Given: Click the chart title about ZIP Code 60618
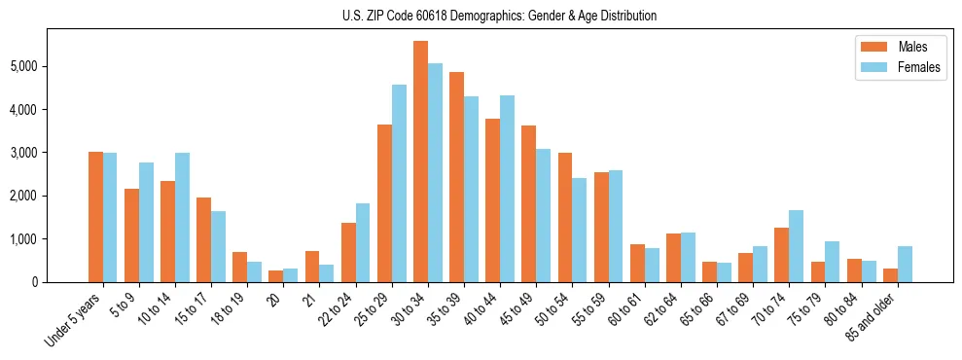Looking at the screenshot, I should point(499,16).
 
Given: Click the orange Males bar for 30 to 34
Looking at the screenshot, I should point(420,162).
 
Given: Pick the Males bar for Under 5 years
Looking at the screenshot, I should point(95,217).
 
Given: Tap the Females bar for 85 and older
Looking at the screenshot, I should point(905,264).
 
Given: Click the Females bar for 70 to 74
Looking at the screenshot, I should point(796,246).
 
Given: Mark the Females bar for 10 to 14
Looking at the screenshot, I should point(182,217).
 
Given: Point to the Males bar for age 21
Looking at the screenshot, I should point(312,267).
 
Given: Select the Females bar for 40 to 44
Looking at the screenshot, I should point(507,189).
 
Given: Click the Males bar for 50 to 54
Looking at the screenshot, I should point(564,217).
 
